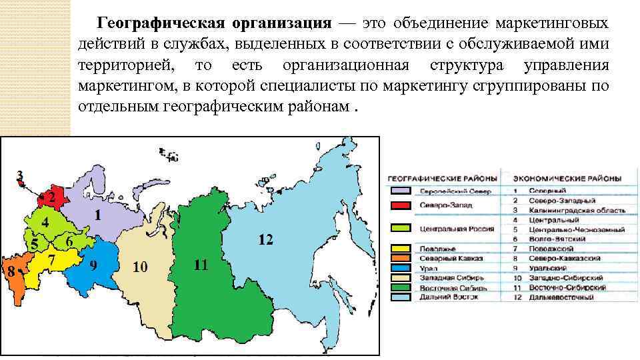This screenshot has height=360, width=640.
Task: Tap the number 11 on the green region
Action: pos(201,265)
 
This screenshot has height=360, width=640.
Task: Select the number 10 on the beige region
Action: pos(140,268)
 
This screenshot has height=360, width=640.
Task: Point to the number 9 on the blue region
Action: pos(93,265)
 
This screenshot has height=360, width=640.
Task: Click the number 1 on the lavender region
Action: pos(97,216)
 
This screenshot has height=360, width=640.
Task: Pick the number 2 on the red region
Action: pos(50,198)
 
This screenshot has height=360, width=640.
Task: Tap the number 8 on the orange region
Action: pos(9,271)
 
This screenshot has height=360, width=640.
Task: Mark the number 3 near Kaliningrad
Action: pos(21,176)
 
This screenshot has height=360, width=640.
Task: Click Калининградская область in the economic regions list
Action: pos(577,210)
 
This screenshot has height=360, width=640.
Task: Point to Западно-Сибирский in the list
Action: pos(567,277)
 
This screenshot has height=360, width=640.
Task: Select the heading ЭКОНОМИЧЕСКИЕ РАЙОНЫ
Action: pos(567,179)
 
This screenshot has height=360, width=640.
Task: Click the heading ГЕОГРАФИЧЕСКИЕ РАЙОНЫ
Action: pos(443,179)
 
